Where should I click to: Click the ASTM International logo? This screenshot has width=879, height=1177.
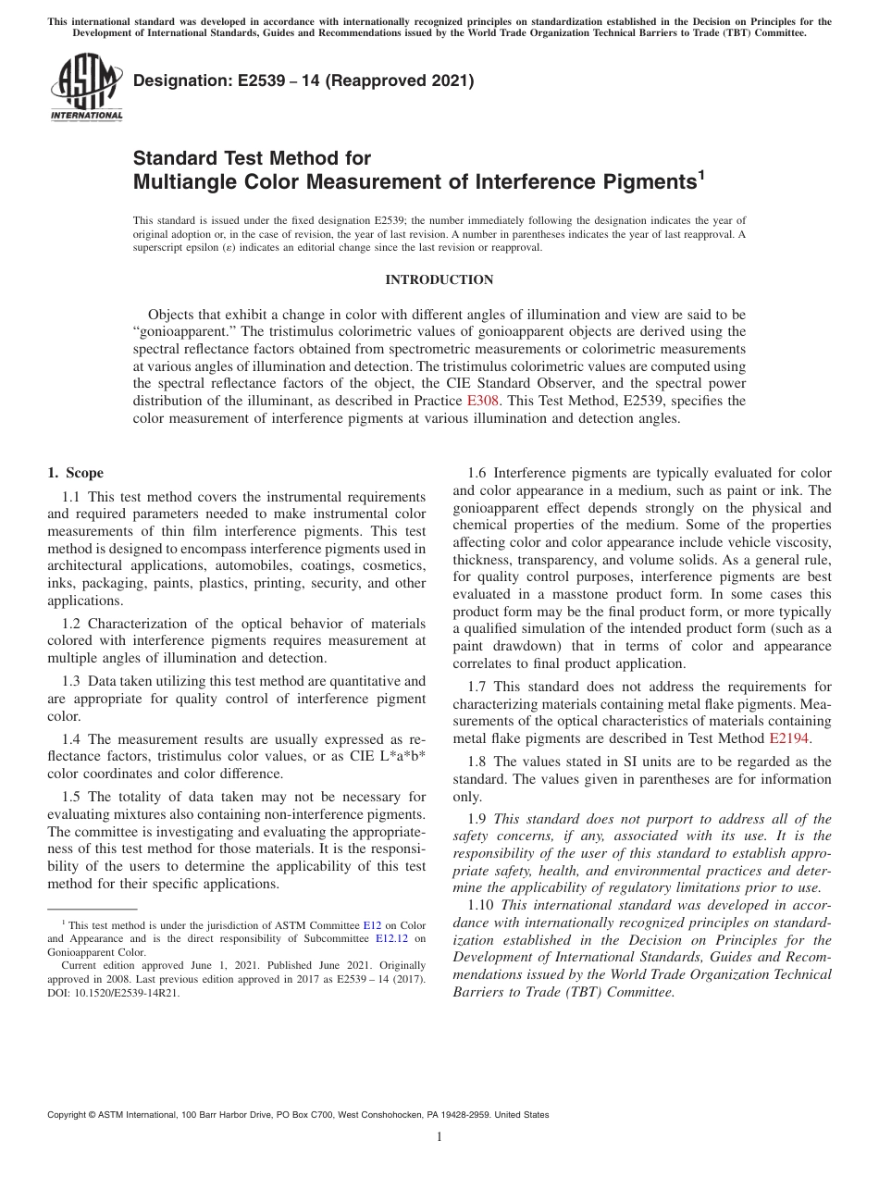85,87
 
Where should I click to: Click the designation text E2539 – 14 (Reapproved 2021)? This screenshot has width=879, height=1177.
303,81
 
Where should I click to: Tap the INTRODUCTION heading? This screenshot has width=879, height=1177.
439,279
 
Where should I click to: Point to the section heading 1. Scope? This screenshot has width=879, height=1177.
75,473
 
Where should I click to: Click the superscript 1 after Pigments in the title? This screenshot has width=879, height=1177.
701,173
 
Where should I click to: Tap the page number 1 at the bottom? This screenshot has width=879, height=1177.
439,1137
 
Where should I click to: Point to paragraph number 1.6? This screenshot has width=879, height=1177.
479,473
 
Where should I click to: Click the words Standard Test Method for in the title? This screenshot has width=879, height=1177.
252,158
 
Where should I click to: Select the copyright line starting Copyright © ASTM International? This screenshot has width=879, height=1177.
298,1115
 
